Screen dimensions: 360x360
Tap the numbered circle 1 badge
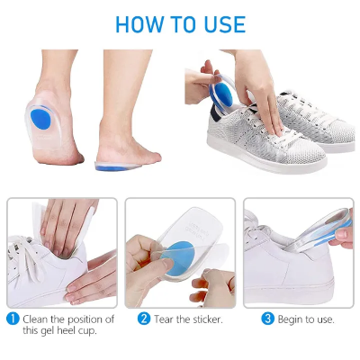tap(13, 319)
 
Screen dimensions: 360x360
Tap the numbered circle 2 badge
tap(143, 319)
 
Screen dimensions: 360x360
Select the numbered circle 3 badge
tap(267, 319)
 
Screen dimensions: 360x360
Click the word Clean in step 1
tap(36, 319)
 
